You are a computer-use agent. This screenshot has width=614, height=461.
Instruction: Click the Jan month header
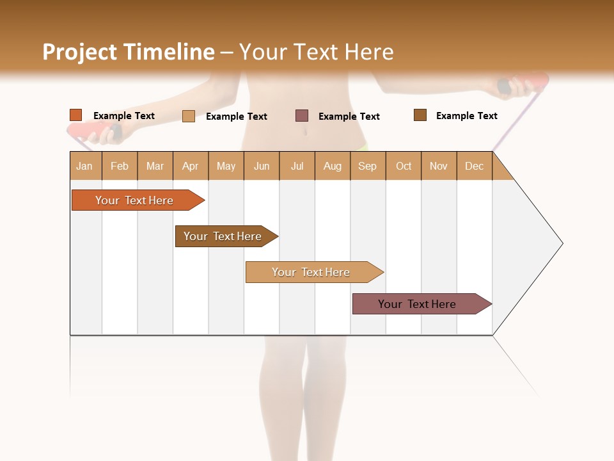(x=84, y=166)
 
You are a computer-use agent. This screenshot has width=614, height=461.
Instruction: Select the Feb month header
(x=120, y=166)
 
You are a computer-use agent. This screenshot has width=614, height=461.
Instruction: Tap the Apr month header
(x=190, y=166)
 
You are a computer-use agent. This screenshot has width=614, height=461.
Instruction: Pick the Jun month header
(x=262, y=166)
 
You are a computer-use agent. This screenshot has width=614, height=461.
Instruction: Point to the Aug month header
(x=332, y=166)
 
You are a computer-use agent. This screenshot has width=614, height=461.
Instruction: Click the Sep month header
(x=367, y=166)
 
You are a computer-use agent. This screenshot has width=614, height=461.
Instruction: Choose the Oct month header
(x=404, y=166)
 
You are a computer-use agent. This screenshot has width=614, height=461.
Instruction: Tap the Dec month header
(x=474, y=166)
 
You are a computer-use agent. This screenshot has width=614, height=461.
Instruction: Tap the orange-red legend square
(x=76, y=115)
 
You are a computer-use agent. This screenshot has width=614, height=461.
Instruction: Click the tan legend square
(x=189, y=116)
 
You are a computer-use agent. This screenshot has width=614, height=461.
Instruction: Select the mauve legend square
(x=302, y=116)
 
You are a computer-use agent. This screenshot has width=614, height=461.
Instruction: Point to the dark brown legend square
(x=420, y=115)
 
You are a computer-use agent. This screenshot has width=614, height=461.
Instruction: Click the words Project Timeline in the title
(x=129, y=52)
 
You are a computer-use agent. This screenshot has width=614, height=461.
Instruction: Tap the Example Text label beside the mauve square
(x=349, y=117)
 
